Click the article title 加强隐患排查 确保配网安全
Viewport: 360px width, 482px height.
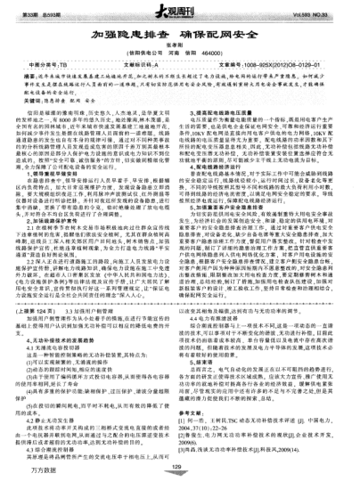[179, 29]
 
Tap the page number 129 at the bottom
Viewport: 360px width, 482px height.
[179, 465]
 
